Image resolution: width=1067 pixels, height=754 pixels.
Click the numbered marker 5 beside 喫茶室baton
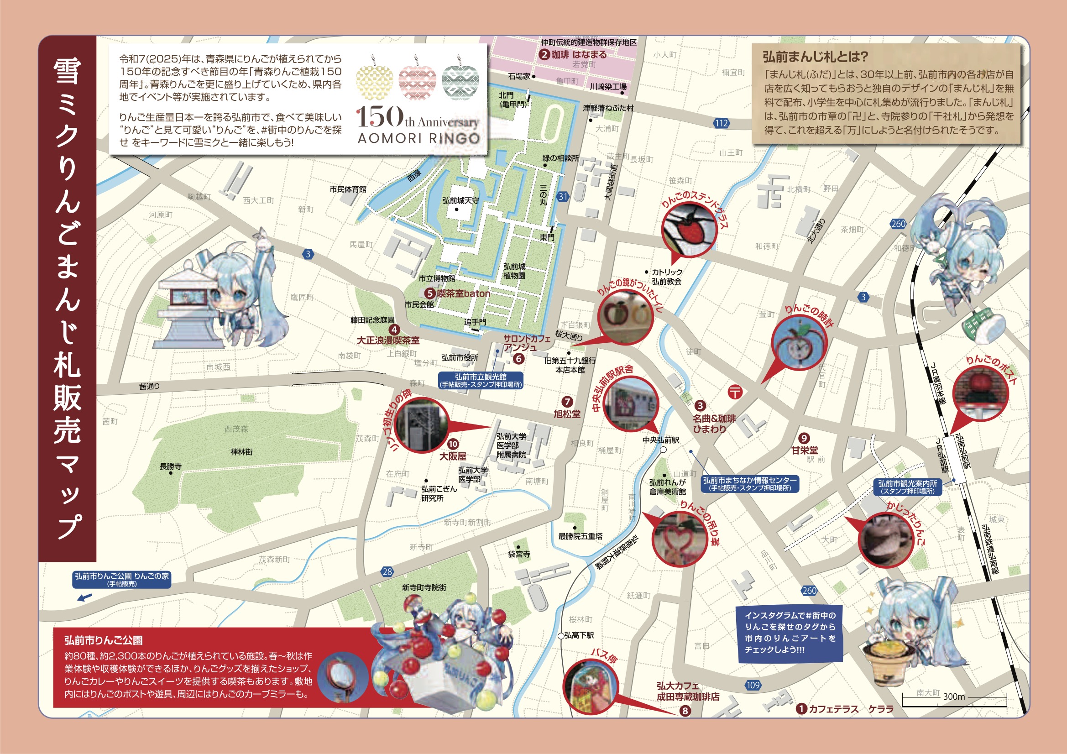pyautogui.click(x=430, y=293)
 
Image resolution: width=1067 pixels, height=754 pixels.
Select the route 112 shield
pyautogui.click(x=721, y=123)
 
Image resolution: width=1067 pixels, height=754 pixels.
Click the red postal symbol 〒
pyautogui.click(x=735, y=392)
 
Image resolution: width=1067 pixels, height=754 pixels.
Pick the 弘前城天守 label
pyautogui.click(x=460, y=201)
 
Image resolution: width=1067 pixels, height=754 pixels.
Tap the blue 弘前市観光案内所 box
pyautogui.click(x=907, y=487)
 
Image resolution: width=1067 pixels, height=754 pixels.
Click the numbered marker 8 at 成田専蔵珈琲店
pyautogui.click(x=685, y=711)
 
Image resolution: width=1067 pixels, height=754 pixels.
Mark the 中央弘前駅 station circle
pyautogui.click(x=663, y=450)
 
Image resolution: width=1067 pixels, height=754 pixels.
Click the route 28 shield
pyautogui.click(x=387, y=572)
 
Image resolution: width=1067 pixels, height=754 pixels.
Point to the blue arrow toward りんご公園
pyautogui.click(x=84, y=597)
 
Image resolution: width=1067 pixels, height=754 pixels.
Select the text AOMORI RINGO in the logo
pyautogui.click(x=418, y=138)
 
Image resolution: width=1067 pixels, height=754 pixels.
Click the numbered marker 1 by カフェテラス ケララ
pyautogui.click(x=801, y=709)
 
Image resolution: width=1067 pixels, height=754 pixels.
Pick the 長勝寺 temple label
pyautogui.click(x=171, y=466)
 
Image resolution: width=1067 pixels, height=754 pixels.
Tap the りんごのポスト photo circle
pyautogui.click(x=981, y=393)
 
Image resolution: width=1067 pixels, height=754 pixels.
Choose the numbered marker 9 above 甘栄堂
pyautogui.click(x=804, y=438)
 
